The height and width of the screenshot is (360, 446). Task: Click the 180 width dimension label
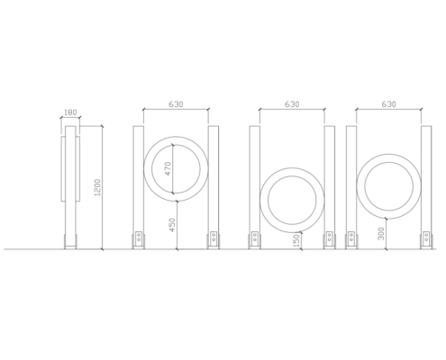70,112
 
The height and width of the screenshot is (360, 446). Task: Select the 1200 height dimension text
97,187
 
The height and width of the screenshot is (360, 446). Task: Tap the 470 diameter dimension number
168,168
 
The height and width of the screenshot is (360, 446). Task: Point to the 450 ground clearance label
172,225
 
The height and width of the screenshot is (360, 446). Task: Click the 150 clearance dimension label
296,240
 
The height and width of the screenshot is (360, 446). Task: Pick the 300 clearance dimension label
381,233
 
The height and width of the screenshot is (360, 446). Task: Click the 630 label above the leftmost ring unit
176,104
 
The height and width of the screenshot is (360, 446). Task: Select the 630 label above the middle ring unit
292,104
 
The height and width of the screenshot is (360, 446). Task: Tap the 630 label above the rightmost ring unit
388,104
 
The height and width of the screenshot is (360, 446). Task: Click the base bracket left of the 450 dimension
139,240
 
